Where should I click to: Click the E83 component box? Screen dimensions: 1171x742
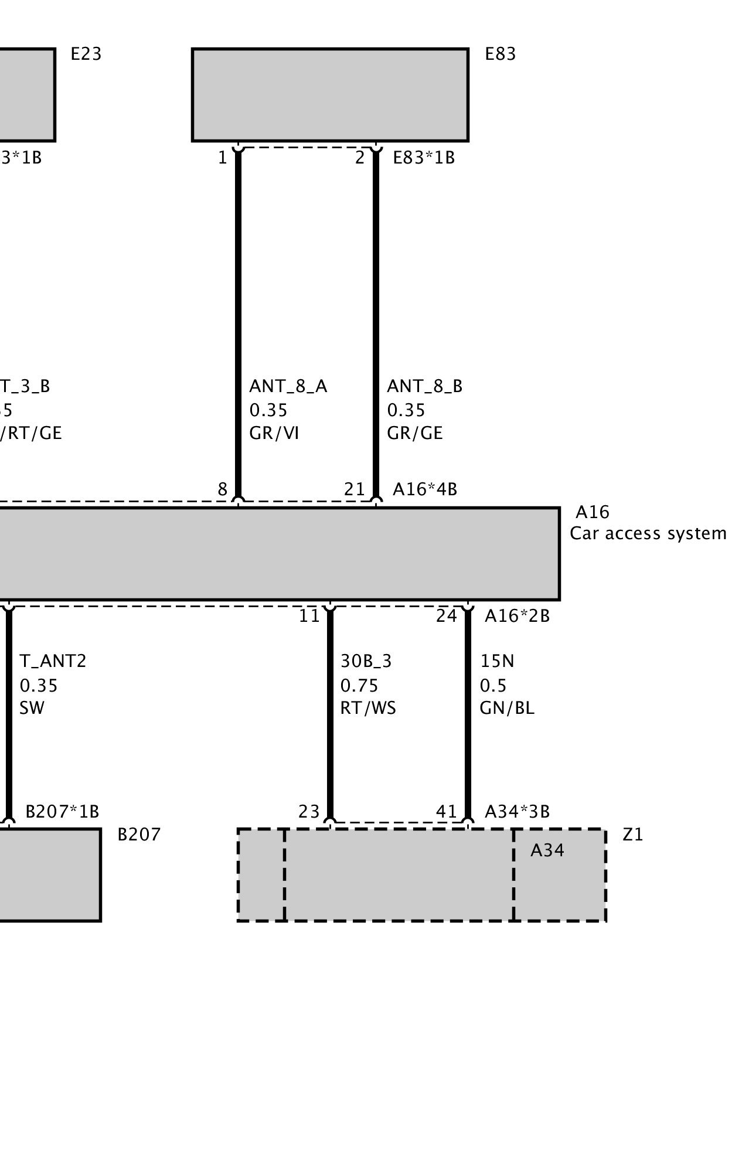[x=330, y=95]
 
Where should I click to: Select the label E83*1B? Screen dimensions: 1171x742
[x=423, y=158]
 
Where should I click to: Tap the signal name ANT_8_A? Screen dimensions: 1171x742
[x=288, y=386]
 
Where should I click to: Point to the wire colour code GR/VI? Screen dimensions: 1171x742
[x=274, y=433]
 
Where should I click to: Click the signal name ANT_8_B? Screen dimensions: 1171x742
[x=424, y=386]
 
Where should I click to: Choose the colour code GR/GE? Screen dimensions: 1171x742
[x=414, y=433]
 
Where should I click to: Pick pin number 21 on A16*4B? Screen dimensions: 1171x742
[x=354, y=489]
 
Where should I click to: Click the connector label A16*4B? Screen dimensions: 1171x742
[x=424, y=489]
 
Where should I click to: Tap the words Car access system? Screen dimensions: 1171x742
[x=648, y=533]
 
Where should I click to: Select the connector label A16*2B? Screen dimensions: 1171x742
[x=517, y=616]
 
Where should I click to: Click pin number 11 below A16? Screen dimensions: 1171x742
[x=309, y=616]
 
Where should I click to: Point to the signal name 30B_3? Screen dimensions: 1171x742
[x=366, y=661]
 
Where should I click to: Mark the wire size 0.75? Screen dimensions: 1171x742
[x=359, y=685]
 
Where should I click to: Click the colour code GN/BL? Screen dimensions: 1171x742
[x=506, y=708]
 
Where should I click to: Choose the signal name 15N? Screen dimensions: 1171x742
[x=497, y=661]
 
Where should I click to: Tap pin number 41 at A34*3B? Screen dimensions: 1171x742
[x=447, y=812]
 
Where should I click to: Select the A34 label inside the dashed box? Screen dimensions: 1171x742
[x=547, y=850]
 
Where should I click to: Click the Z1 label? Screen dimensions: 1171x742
[x=632, y=835]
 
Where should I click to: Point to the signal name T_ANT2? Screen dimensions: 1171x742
[x=53, y=661]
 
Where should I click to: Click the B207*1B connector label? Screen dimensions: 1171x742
[x=62, y=812]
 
